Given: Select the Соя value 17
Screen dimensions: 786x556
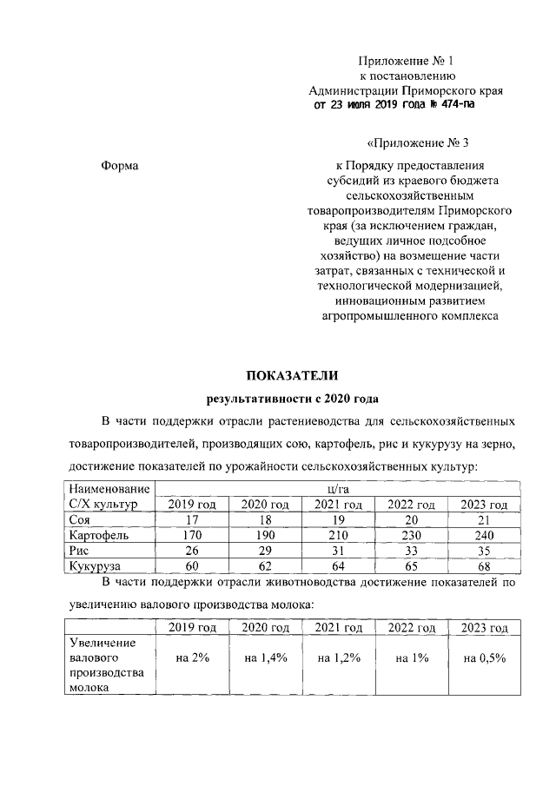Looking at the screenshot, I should tap(193, 520).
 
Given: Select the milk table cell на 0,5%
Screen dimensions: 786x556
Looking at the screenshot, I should tap(484, 657).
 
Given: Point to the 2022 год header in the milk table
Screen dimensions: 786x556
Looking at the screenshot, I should tap(411, 628).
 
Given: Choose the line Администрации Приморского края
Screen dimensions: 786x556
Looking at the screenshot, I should tap(407, 89).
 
